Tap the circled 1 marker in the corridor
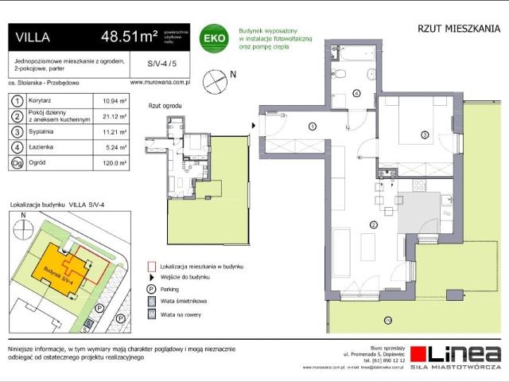click(x=313, y=127)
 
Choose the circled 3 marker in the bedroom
click(x=425, y=135)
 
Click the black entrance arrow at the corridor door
click(x=254, y=126)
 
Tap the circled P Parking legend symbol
click(x=150, y=289)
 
